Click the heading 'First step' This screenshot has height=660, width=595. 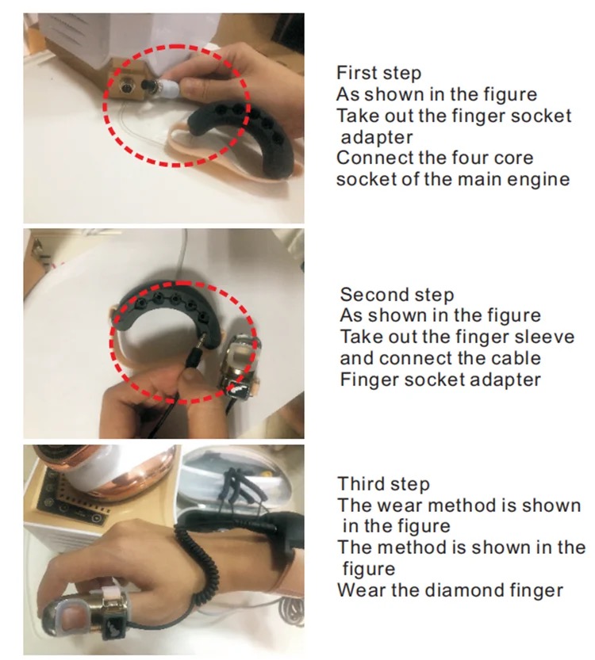pyautogui.click(x=378, y=73)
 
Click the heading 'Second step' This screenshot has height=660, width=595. pyautogui.click(x=397, y=295)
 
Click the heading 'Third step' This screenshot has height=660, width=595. pyautogui.click(x=383, y=484)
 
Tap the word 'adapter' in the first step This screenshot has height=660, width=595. pyautogui.click(x=377, y=138)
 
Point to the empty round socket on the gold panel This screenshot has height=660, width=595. pyautogui.click(x=126, y=87)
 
